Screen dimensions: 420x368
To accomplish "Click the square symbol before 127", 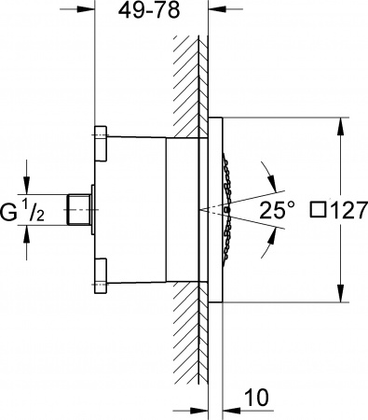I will pyautogui.click(x=315, y=211).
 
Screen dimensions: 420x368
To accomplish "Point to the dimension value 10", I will pyautogui.click(x=258, y=398).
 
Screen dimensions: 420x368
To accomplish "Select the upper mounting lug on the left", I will pyautogui.click(x=101, y=137).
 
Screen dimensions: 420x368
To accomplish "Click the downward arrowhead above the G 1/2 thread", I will pyautogui.click(x=26, y=187).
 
